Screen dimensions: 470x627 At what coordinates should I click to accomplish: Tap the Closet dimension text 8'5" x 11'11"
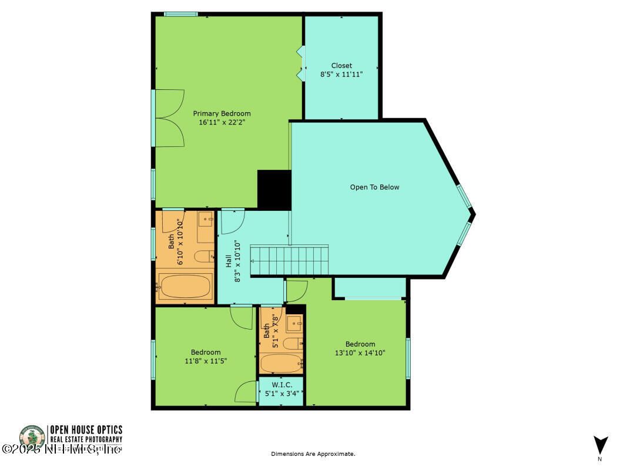click(x=341, y=75)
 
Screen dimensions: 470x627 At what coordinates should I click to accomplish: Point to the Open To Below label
click(x=374, y=187)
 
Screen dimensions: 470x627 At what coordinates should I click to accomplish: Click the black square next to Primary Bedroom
click(x=274, y=189)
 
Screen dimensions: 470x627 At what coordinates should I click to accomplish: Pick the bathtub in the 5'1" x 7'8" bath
click(x=281, y=363)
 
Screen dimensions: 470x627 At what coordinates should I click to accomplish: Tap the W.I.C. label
click(x=281, y=385)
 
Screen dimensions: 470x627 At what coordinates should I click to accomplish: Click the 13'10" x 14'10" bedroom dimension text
click(x=360, y=353)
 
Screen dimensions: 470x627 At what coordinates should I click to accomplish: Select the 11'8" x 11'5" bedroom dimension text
click(x=206, y=361)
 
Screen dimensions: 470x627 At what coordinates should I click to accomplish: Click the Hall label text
click(x=229, y=261)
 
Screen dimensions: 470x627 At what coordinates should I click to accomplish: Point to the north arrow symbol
click(x=600, y=445)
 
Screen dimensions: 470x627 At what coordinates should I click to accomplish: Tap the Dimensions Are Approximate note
click(x=313, y=454)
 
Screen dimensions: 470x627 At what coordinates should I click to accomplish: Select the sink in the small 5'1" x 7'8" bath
click(x=294, y=322)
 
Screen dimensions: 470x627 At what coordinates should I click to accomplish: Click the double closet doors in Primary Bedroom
click(x=170, y=118)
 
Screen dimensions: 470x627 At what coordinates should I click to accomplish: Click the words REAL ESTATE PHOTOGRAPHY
click(x=86, y=439)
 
